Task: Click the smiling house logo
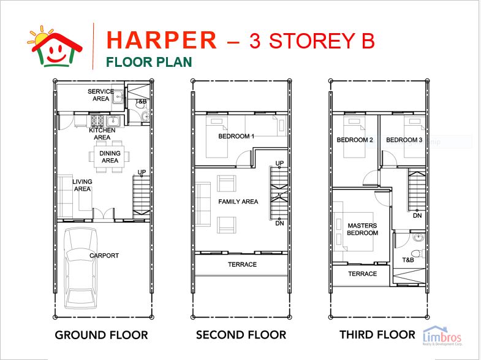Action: click(55, 45)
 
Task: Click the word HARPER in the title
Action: click(162, 40)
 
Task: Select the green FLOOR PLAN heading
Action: click(149, 62)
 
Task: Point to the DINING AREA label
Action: click(110, 157)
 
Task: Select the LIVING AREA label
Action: click(82, 185)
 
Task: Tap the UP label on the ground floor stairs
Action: click(142, 172)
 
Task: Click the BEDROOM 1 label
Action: click(236, 136)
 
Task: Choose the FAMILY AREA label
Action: click(238, 202)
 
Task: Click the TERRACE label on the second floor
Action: click(242, 265)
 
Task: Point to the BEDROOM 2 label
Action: click(355, 140)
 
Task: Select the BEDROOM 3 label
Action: click(404, 140)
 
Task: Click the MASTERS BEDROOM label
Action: click(362, 229)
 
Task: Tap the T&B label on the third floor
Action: click(408, 260)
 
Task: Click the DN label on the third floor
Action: click(417, 215)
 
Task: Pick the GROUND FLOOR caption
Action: click(101, 335)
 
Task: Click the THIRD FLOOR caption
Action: click(377, 335)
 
